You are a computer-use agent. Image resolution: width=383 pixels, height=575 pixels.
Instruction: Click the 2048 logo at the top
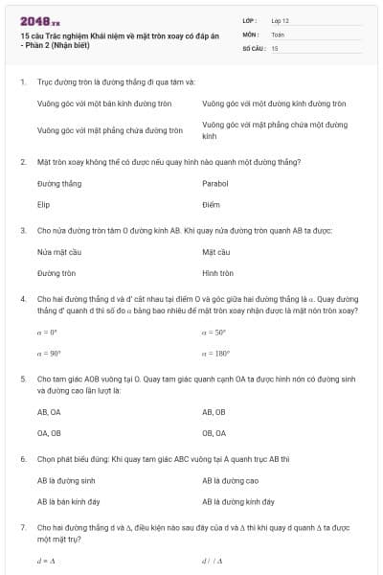click(x=39, y=21)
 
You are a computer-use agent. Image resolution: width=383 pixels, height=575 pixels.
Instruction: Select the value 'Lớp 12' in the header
click(x=281, y=20)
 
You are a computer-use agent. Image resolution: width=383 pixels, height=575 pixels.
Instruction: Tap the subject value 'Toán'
click(x=278, y=34)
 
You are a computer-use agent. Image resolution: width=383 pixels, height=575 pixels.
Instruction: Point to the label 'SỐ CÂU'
click(x=253, y=47)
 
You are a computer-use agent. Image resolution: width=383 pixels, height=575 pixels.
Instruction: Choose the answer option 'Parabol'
click(x=215, y=182)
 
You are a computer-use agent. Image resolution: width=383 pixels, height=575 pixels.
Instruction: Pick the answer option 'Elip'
click(x=43, y=204)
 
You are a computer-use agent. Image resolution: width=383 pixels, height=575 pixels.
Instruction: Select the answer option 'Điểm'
click(x=212, y=204)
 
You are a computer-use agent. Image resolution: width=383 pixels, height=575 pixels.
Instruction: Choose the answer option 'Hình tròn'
click(x=218, y=273)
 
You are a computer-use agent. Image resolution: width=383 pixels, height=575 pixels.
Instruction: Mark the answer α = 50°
click(x=214, y=332)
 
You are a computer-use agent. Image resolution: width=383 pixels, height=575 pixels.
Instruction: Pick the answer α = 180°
click(x=215, y=354)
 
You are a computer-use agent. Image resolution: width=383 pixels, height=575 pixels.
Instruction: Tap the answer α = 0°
click(x=47, y=332)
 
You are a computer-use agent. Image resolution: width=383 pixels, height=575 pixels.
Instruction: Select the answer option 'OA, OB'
click(x=48, y=433)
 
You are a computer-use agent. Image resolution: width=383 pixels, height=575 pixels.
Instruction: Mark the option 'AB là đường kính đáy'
click(x=237, y=501)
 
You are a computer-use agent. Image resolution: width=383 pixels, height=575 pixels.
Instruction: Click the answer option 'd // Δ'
click(x=212, y=561)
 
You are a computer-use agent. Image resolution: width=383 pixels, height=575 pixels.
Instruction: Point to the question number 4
click(x=23, y=299)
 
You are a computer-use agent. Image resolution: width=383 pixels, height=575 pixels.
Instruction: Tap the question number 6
click(x=23, y=459)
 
